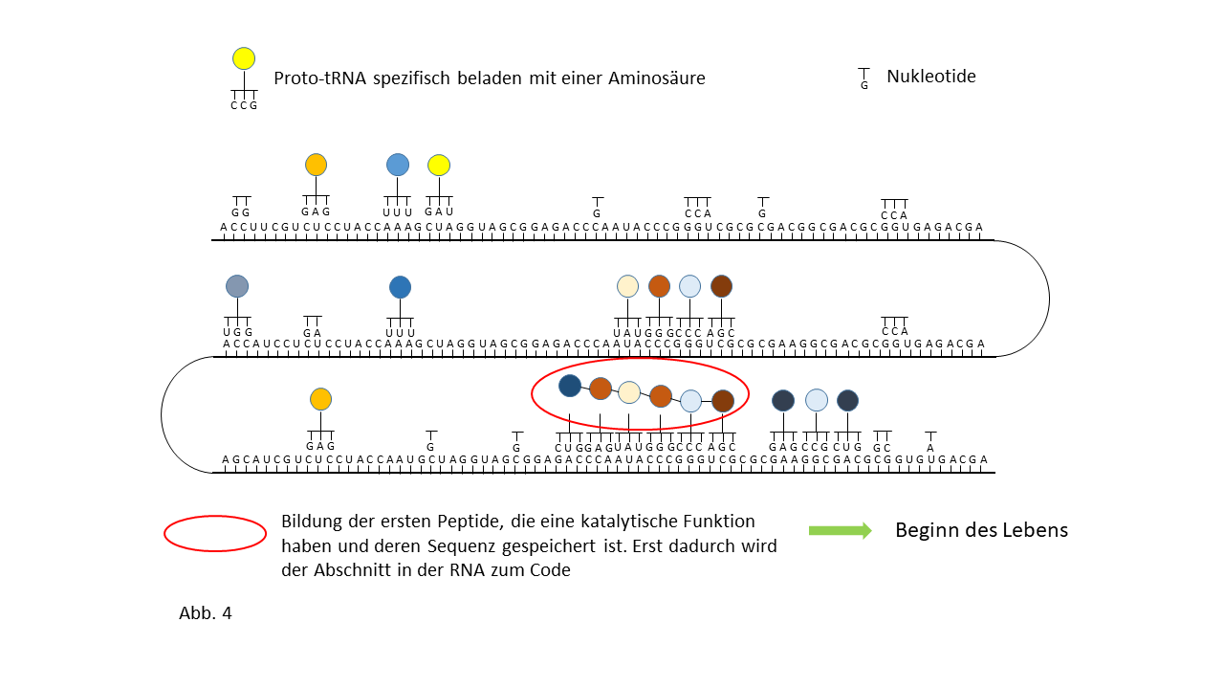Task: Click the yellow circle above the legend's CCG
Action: pyautogui.click(x=244, y=58)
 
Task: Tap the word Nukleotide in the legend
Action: pyautogui.click(x=930, y=77)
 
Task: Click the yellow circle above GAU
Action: pyautogui.click(x=439, y=166)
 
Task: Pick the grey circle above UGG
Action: pyautogui.click(x=237, y=286)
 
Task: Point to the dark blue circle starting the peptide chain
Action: pyautogui.click(x=570, y=386)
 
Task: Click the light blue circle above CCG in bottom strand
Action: pyautogui.click(x=816, y=400)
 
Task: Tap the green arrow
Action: pyautogui.click(x=840, y=531)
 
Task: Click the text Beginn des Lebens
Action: pyautogui.click(x=981, y=530)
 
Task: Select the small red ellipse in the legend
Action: pyautogui.click(x=215, y=534)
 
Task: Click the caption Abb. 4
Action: pyautogui.click(x=206, y=613)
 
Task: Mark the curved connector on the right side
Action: pyautogui.click(x=1048, y=299)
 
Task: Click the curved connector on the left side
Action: pyautogui.click(x=163, y=414)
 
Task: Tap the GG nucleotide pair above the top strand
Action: pyautogui.click(x=241, y=211)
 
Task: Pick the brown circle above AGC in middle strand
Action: pyautogui.click(x=721, y=286)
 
